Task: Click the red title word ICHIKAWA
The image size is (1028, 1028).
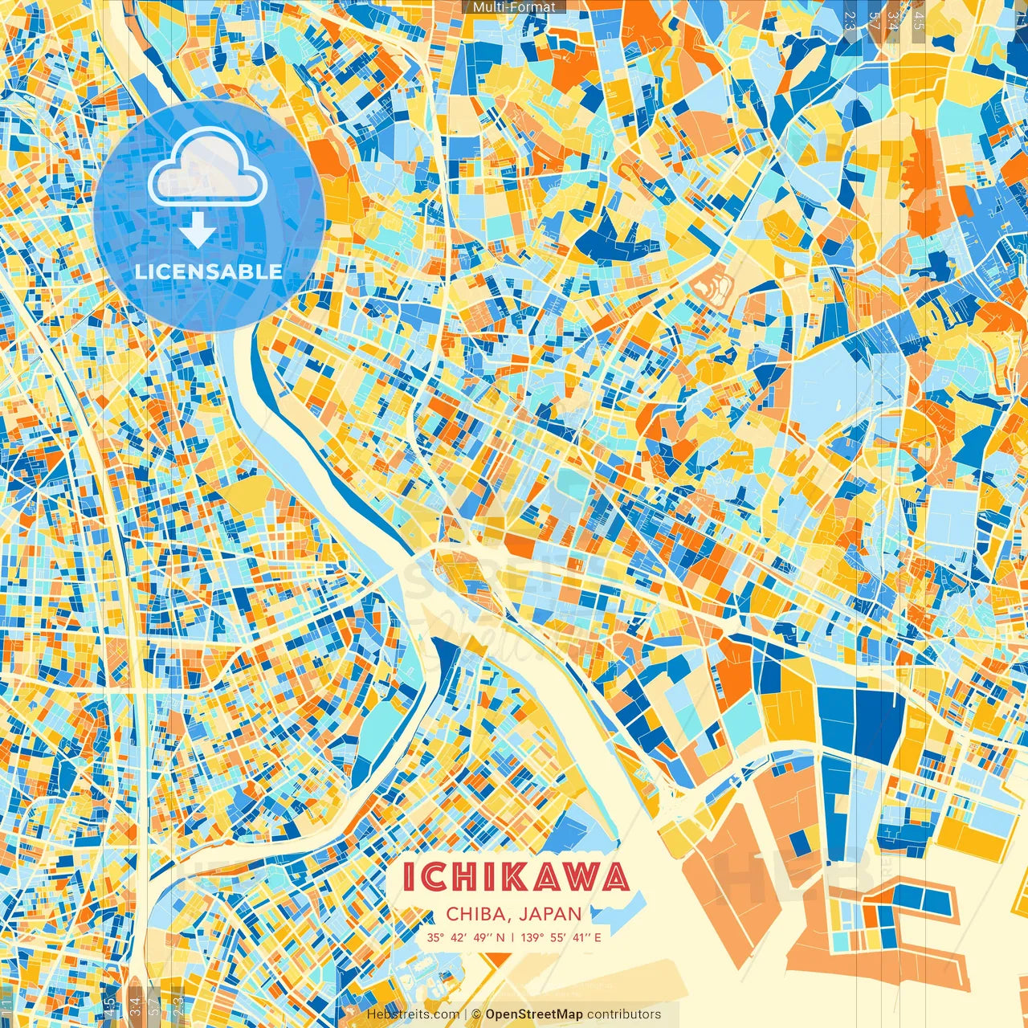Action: pos(515,877)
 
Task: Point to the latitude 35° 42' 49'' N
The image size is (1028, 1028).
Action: pos(467,937)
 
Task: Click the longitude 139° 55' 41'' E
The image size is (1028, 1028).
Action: pos(561,937)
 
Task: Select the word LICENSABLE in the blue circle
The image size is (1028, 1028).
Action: pos(209,271)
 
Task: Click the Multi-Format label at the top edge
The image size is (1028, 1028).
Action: pos(514,7)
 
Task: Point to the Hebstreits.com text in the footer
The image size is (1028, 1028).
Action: pos(413,1014)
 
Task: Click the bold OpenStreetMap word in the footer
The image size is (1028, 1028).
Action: pos(534,1014)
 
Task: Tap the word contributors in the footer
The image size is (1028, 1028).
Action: pos(624,1014)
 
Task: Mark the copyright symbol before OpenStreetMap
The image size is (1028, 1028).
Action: pos(476,1014)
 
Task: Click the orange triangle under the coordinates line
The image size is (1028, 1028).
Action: pos(500,958)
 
